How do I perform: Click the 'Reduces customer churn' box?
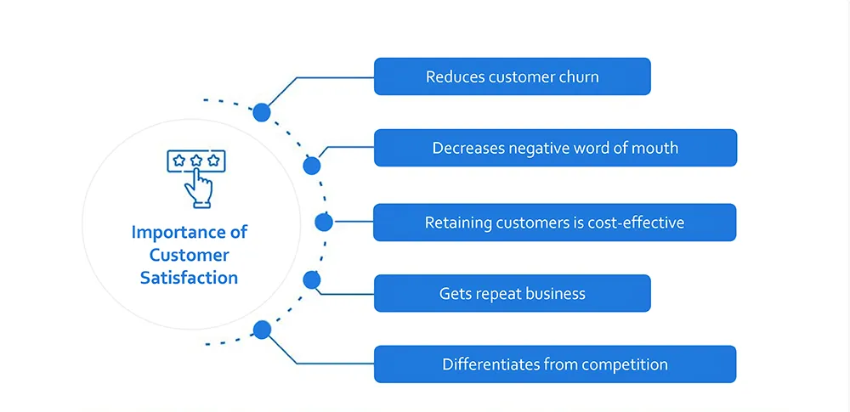click(513, 76)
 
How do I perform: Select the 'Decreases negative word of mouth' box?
click(555, 148)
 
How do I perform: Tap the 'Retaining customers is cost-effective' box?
click(554, 223)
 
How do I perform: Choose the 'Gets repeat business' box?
click(513, 293)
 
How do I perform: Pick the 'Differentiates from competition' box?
click(555, 364)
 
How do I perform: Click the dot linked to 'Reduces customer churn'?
click(262, 112)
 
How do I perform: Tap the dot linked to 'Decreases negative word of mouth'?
click(312, 166)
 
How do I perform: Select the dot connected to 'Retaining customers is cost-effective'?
click(324, 222)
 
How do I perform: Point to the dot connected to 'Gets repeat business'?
click(312, 279)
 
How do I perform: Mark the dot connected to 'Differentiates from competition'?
click(262, 330)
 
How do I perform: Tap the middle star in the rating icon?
click(196, 161)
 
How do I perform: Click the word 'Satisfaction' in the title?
click(190, 278)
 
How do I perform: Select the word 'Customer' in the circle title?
click(190, 256)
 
